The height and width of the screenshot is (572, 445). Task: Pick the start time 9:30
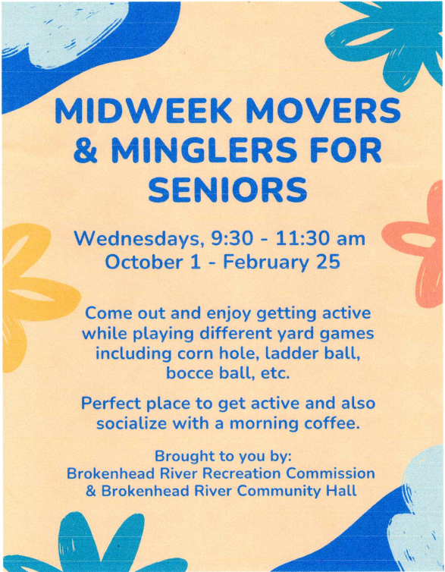point(230,239)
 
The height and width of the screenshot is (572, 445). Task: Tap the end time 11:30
point(300,239)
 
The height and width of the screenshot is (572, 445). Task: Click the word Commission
point(330,473)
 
